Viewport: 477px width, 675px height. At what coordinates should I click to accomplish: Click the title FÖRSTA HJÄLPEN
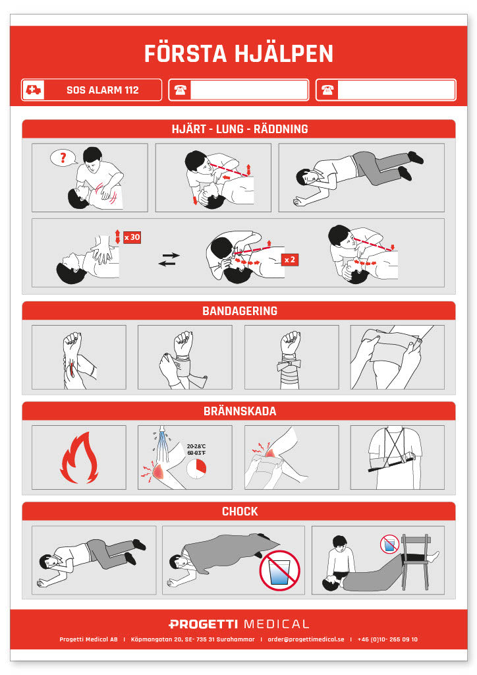point(238,54)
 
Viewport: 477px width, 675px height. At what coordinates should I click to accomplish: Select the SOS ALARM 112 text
point(102,90)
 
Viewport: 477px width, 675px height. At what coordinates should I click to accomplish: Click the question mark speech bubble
point(63,158)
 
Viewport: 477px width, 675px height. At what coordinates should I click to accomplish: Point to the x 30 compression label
point(132,237)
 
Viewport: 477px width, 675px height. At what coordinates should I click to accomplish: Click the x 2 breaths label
point(289,260)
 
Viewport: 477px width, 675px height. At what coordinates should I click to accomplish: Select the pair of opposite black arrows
point(169,260)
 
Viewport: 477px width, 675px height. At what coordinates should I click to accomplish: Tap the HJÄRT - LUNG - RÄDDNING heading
point(240,129)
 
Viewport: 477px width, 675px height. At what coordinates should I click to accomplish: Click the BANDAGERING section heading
point(240,311)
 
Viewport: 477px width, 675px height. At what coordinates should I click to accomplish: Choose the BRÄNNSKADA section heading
point(240,411)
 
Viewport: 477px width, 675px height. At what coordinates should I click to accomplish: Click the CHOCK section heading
point(240,512)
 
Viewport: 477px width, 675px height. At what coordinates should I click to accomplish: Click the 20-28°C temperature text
point(196,446)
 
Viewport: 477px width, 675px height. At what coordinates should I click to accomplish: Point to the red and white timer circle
point(196,469)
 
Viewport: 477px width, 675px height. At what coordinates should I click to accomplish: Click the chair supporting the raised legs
point(416,562)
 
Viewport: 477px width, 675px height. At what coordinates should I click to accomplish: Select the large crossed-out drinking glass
point(279,570)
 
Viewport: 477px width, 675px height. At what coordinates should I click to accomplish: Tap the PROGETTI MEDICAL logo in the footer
point(238,624)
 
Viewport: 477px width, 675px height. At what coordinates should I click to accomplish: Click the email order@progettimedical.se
point(306,639)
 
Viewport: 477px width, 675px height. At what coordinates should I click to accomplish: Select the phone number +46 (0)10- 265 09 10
point(387,639)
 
